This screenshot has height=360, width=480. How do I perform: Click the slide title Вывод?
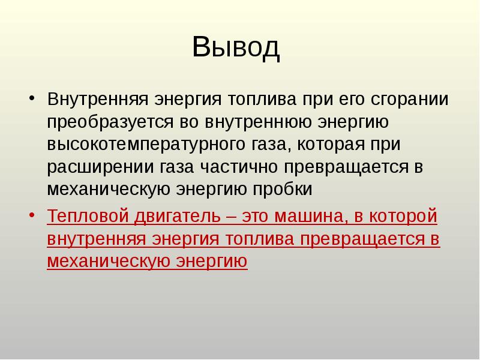click(236, 47)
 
